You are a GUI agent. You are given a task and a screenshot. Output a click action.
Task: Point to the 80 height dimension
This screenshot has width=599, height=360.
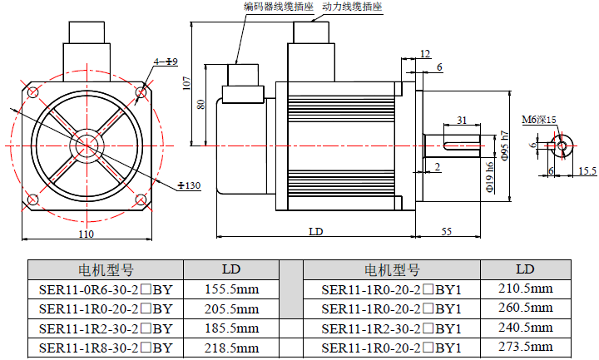click(x=200, y=104)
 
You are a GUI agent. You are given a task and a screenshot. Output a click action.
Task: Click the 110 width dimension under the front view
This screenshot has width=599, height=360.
click(x=86, y=234)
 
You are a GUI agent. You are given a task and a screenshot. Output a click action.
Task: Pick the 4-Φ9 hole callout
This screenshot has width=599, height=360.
click(x=166, y=62)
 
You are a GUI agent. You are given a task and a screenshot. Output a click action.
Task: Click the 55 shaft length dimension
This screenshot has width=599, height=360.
click(x=446, y=231)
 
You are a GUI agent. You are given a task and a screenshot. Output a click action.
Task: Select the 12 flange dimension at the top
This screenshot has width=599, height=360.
click(x=426, y=53)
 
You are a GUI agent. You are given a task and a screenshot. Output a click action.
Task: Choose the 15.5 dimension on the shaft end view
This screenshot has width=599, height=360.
click(x=587, y=170)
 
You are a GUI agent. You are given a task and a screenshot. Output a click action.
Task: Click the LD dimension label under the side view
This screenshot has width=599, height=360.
click(x=315, y=231)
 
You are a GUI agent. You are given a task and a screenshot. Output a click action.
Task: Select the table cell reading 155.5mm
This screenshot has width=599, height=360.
click(x=230, y=288)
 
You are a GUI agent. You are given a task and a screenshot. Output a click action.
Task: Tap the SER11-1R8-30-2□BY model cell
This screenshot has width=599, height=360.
click(x=105, y=348)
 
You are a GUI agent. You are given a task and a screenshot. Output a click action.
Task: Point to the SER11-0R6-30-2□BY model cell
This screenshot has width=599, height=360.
click(x=105, y=288)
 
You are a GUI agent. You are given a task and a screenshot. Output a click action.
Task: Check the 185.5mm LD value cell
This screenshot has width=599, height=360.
click(x=230, y=328)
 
